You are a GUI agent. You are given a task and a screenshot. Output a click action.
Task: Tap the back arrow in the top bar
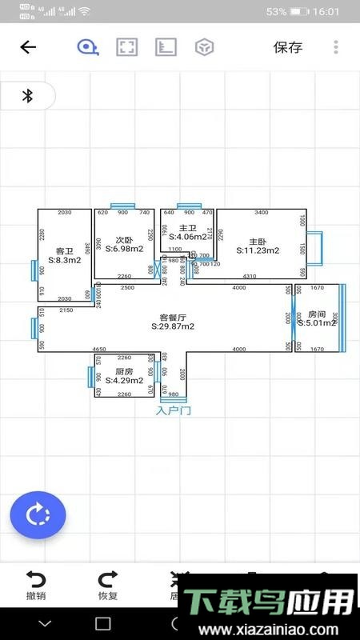coord(28,47)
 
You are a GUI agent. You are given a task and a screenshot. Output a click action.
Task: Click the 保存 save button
coord(288,47)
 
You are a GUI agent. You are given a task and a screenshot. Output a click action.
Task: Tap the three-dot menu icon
coord(335,47)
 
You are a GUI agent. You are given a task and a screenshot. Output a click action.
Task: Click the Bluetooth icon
coord(27,96)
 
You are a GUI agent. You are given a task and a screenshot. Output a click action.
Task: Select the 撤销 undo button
coord(36,584)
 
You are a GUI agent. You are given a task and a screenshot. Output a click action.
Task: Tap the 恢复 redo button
coord(108,584)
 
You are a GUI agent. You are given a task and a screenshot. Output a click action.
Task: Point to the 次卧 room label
coord(123,240)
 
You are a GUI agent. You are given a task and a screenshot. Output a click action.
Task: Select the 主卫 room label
coord(188,227)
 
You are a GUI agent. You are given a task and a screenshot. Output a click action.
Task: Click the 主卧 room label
coord(258,241)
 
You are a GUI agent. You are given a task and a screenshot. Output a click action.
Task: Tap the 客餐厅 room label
coord(173,317)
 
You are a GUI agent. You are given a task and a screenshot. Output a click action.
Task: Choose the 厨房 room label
coord(123,371)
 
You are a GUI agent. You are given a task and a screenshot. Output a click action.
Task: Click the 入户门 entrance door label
coord(173,410)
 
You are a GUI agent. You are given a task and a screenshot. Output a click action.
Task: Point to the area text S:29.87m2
coord(173,326)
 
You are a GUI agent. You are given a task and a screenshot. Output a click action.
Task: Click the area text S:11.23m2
coord(258,250)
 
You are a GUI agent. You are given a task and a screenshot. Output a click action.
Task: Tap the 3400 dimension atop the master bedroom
coord(261,213)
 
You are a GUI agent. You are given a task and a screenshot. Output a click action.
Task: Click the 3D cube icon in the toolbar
coord(204,47)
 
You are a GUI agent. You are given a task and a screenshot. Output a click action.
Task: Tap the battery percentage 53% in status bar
coord(276,12)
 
